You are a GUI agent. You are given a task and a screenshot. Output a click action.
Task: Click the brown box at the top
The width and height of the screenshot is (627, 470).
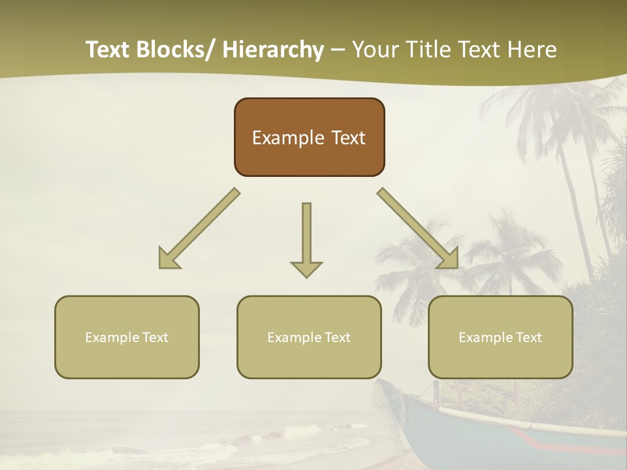click(309, 137)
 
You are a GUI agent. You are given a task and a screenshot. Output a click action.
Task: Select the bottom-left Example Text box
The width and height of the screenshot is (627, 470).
click(127, 337)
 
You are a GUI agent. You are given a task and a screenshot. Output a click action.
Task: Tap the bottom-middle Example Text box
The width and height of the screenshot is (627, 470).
click(309, 337)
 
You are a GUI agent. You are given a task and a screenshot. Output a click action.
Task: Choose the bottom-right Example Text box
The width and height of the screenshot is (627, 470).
click(500, 337)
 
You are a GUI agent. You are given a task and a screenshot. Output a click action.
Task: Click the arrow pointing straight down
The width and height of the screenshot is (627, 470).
click(306, 238)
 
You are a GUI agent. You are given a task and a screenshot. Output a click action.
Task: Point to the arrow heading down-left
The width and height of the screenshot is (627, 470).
click(199, 228)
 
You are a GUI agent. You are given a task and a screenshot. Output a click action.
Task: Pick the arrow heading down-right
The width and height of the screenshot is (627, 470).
click(418, 228)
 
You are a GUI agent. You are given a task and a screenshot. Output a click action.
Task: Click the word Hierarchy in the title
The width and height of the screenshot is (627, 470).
click(273, 50)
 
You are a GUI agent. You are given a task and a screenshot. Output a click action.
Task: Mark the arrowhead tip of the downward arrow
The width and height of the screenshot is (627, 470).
click(306, 277)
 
